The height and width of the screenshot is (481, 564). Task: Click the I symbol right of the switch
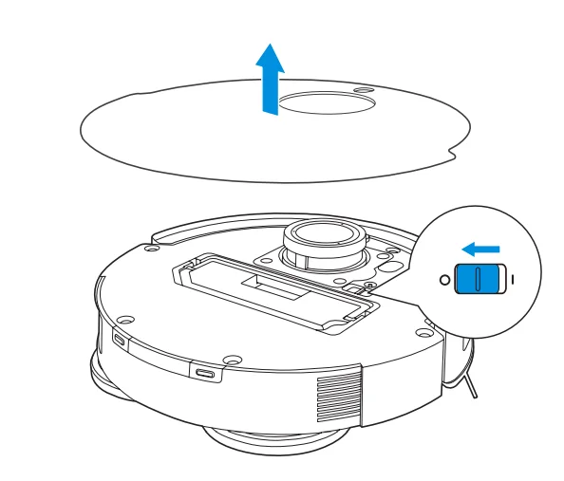(512, 281)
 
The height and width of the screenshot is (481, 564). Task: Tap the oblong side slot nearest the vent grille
(205, 372)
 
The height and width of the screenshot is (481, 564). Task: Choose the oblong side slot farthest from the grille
(120, 339)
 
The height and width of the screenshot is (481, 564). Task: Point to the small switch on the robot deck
(359, 286)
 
